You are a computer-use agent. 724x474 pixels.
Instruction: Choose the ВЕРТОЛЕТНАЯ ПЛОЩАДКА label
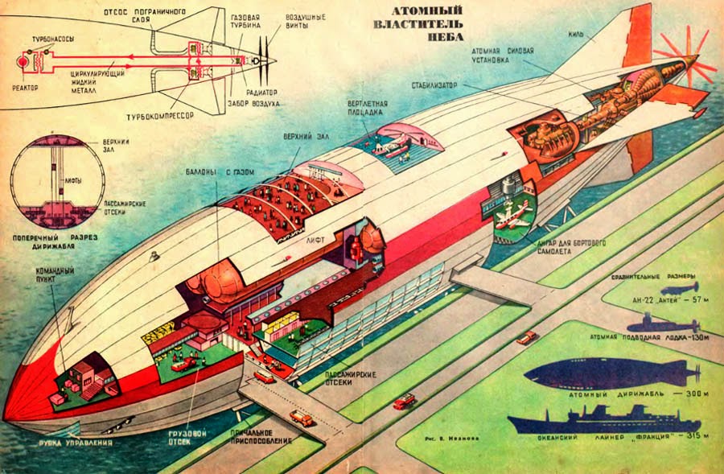pyautogui.click(x=370, y=109)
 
